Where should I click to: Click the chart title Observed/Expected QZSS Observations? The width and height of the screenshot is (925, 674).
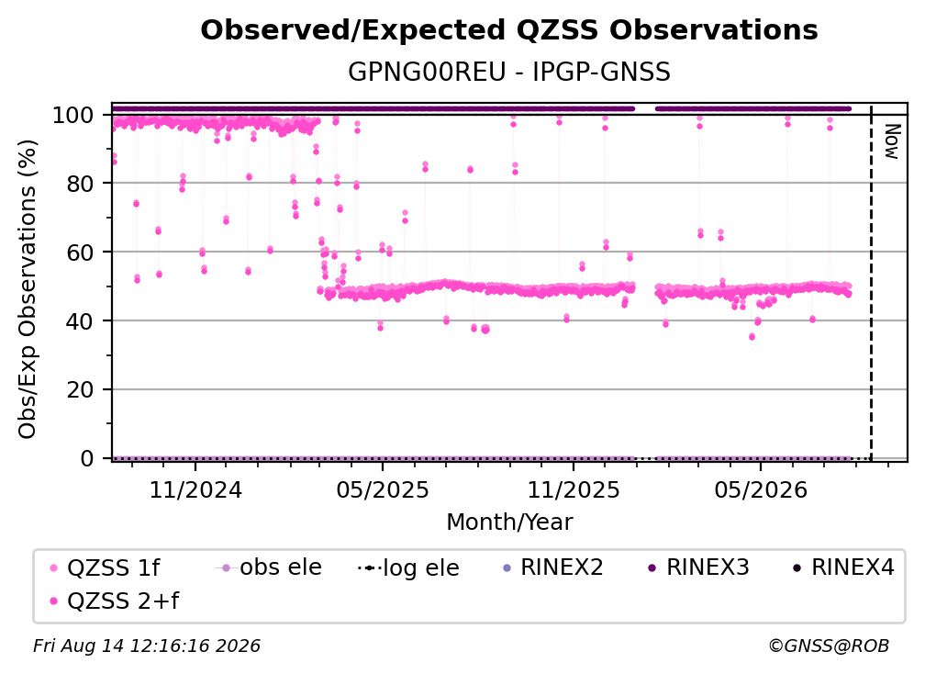click(x=509, y=30)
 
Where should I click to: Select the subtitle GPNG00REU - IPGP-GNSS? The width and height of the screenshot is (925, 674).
click(x=509, y=72)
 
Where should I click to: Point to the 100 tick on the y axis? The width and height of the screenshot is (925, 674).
click(x=73, y=115)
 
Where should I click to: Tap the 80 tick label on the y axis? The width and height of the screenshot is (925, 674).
click(x=80, y=184)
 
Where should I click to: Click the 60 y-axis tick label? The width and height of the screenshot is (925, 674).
click(x=80, y=253)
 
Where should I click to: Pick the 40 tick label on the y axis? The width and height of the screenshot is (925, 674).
click(x=80, y=321)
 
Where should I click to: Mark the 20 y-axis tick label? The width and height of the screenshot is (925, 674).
click(x=80, y=390)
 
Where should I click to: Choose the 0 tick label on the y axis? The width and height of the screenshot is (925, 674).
click(x=87, y=458)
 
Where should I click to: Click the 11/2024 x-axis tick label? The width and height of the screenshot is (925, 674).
click(x=195, y=490)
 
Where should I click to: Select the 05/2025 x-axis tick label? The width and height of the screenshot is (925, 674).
click(x=383, y=490)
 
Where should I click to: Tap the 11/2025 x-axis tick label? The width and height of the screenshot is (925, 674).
click(x=574, y=490)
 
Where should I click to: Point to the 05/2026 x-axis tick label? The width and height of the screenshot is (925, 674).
click(x=761, y=490)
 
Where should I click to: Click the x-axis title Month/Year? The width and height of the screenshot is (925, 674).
click(x=509, y=522)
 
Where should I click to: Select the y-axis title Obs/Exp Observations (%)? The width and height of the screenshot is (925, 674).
click(x=28, y=288)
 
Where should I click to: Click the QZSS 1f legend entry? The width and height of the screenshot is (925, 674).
click(x=105, y=567)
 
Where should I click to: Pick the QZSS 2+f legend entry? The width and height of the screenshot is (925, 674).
click(x=115, y=601)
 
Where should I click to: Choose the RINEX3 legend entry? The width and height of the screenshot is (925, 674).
click(x=698, y=567)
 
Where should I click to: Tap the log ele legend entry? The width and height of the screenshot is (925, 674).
click(x=408, y=567)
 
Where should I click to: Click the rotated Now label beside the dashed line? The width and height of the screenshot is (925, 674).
click(x=892, y=141)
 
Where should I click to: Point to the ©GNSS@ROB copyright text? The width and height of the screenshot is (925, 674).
click(x=829, y=646)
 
